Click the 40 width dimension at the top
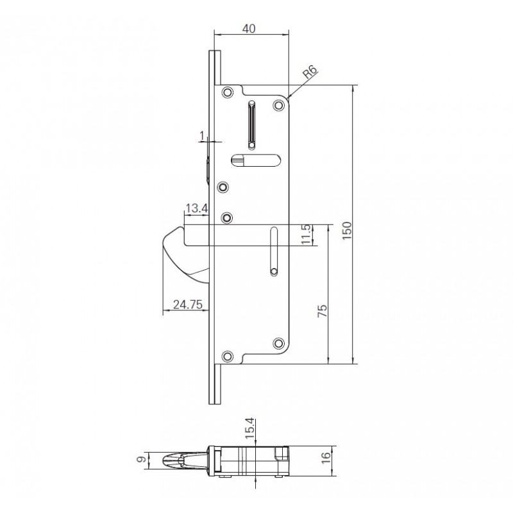coord(250,28)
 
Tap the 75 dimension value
coord(323,309)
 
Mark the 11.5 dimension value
coord(306,235)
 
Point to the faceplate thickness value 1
coord(203,135)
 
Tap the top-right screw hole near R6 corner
coord(278,104)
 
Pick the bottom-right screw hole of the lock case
coord(278,342)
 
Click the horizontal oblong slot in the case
coord(254,160)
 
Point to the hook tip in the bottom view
coord(165,460)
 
